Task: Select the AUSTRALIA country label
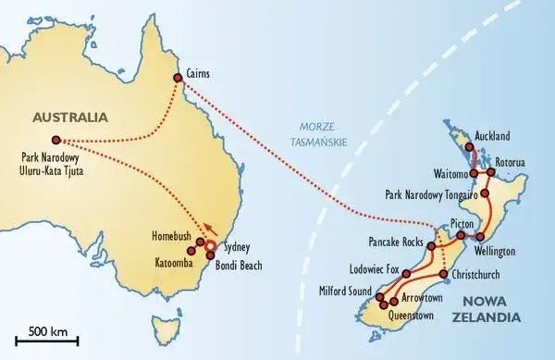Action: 69,118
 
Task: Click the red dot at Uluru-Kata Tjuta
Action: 56,141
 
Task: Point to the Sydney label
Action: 237,249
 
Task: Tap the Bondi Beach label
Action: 239,266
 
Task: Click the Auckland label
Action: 492,136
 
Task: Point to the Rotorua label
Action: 511,163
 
